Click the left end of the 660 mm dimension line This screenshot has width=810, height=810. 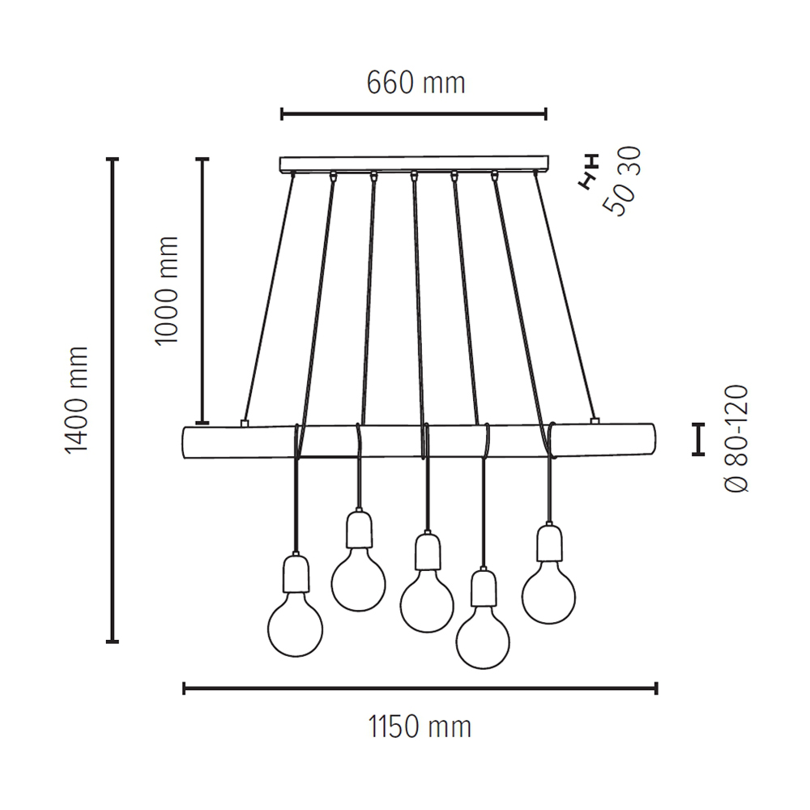[x=282, y=114]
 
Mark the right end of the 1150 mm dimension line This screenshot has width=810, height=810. [x=657, y=688]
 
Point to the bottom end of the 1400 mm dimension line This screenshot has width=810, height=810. [x=113, y=642]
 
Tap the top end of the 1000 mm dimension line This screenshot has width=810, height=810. [x=202, y=159]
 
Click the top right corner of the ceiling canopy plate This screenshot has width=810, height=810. [x=548, y=156]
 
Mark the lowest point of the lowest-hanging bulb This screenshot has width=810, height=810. [x=483, y=669]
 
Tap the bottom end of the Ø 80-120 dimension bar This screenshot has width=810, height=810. [x=698, y=454]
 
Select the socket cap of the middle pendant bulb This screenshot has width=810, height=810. [x=427, y=552]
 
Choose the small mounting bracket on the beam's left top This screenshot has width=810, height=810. [x=245, y=424]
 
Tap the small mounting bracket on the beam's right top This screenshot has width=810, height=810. [x=595, y=421]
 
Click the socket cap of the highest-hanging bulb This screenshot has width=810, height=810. [x=359, y=529]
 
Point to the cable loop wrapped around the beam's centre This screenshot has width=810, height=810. [x=426, y=441]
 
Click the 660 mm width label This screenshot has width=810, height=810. [x=416, y=83]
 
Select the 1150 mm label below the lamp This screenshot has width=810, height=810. [x=420, y=727]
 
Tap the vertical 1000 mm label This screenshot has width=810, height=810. [x=166, y=291]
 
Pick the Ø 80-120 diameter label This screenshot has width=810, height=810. [x=736, y=438]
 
